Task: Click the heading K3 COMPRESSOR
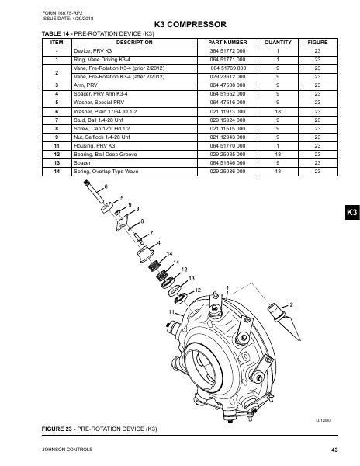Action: [180, 26]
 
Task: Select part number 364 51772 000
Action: [227, 51]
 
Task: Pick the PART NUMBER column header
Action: [227, 42]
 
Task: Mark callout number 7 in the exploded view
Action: [151, 233]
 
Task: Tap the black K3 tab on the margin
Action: [351, 212]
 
